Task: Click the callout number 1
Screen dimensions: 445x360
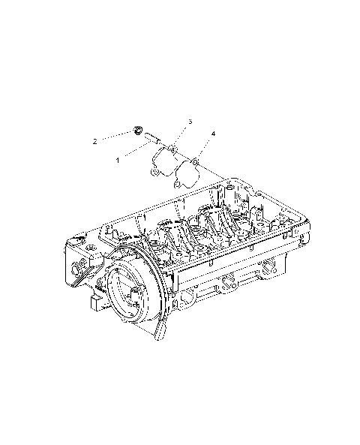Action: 118,160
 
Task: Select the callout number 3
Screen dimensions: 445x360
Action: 190,121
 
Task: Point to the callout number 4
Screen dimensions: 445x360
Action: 213,134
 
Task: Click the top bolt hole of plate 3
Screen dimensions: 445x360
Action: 172,150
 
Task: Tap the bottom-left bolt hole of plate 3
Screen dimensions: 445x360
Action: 154,173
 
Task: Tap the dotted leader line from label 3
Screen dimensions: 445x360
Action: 181,134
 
